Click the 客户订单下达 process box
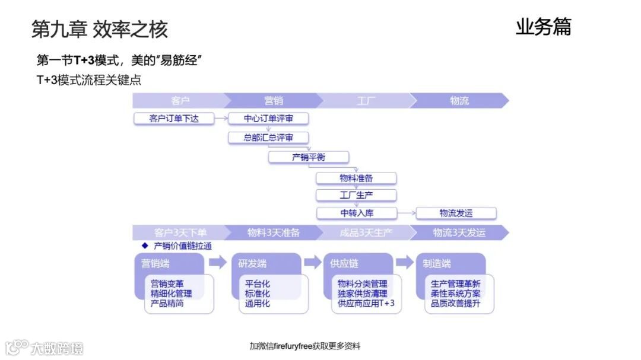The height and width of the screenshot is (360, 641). coord(174,119)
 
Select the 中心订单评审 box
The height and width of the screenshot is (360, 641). coord(268,119)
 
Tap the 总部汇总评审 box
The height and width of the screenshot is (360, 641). coord(268,138)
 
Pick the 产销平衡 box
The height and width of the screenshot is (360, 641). coord(309,158)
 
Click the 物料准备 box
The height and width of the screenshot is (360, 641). coord(356,179)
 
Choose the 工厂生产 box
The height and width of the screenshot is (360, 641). coord(356,195)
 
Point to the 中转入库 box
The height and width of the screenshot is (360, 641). coord(356,213)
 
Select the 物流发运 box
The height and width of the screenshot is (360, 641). coord(456,213)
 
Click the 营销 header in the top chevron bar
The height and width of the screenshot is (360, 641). coord(274,101)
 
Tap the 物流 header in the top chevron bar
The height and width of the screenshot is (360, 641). coord(459,101)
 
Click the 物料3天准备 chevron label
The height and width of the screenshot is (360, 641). coord(274,233)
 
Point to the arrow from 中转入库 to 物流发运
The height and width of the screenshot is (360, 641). coord(406,213)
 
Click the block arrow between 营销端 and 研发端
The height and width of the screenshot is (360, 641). coord(218,262)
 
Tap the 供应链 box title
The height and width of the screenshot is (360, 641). coord(345,264)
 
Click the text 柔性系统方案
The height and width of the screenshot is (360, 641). coord(456,294)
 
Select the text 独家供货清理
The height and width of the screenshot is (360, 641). coord(362,294)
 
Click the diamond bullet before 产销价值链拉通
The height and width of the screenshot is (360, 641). coord(144,246)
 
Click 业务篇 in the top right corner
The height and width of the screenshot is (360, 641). coord(543,27)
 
